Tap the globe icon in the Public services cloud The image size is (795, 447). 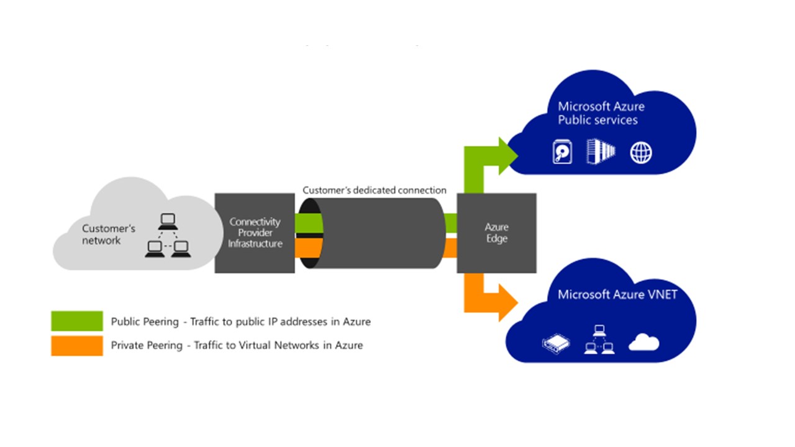[641, 153]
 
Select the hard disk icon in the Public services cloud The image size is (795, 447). [562, 152]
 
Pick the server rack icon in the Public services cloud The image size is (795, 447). [601, 151]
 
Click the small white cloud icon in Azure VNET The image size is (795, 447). [643, 343]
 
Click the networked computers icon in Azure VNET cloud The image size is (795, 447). [599, 340]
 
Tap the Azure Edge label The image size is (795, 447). [496, 233]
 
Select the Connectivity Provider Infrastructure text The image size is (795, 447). [255, 233]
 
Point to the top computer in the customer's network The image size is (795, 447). [167, 220]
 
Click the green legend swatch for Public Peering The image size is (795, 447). [77, 321]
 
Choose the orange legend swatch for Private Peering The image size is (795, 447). [77, 346]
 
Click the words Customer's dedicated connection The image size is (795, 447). [374, 190]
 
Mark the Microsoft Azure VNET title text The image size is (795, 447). [617, 294]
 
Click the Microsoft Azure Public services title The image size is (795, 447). [601, 113]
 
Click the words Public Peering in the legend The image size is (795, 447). [144, 322]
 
